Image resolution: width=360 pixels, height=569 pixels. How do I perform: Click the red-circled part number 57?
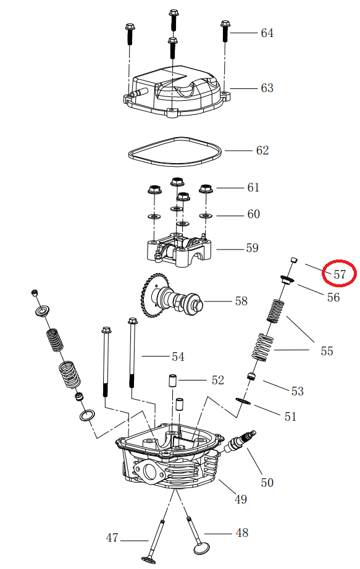pyautogui.click(x=340, y=274)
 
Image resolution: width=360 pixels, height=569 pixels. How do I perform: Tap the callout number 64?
pyautogui.click(x=267, y=33)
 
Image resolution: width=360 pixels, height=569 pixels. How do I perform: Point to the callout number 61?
pyautogui.click(x=253, y=187)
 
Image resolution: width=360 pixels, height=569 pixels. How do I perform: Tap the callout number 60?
pyautogui.click(x=253, y=214)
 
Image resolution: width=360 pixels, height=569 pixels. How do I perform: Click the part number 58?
pyautogui.click(x=241, y=301)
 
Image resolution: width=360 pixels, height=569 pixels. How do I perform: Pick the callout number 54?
pyautogui.click(x=178, y=356)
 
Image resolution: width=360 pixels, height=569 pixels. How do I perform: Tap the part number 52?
pyautogui.click(x=217, y=380)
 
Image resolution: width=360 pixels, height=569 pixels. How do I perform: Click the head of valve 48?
pyautogui.click(x=201, y=549)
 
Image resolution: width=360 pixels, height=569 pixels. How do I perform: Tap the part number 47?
pyautogui.click(x=112, y=538)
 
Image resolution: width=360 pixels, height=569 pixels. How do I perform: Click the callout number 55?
pyautogui.click(x=327, y=351)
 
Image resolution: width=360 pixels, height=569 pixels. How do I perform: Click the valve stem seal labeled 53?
pyautogui.click(x=251, y=376)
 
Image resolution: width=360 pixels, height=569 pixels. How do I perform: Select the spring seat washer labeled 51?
pyautogui.click(x=243, y=402)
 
